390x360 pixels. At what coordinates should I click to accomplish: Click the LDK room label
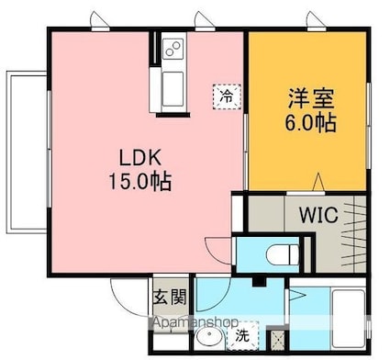click(140, 159)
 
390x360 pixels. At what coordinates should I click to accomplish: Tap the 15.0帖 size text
click(140, 182)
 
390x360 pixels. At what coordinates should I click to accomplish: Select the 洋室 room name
click(311, 98)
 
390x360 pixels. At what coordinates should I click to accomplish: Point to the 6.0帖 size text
click(311, 122)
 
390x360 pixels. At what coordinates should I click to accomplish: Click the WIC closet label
click(318, 215)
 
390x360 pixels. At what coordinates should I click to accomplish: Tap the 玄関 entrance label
click(170, 297)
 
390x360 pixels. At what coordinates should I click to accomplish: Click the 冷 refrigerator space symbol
click(227, 96)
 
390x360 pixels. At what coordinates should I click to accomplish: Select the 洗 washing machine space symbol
click(243, 336)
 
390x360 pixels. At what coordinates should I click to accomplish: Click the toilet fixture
click(283, 254)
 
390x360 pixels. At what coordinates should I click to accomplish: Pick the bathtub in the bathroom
click(349, 318)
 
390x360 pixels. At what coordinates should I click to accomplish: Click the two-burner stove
click(173, 49)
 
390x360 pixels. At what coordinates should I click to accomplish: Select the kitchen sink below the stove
click(173, 89)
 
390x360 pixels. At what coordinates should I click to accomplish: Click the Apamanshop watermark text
click(195, 322)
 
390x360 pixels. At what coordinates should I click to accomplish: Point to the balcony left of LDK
click(27, 152)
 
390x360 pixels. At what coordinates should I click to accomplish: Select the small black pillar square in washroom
click(259, 282)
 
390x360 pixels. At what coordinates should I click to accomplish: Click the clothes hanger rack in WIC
click(353, 233)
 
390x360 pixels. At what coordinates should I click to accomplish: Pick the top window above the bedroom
click(317, 29)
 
